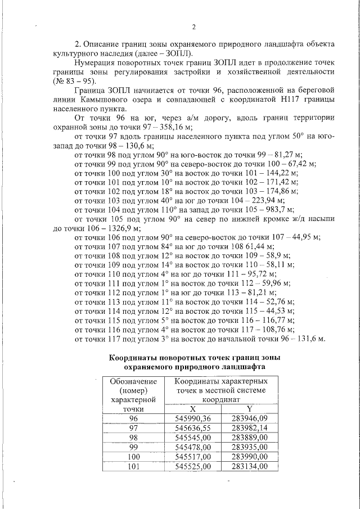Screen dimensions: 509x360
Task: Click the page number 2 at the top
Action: pos(193,26)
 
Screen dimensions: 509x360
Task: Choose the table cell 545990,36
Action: pos(192,418)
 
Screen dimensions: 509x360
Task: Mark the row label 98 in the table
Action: pos(133,438)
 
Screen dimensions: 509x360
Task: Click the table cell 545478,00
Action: pos(192,447)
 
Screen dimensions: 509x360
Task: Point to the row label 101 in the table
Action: pos(133,466)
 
